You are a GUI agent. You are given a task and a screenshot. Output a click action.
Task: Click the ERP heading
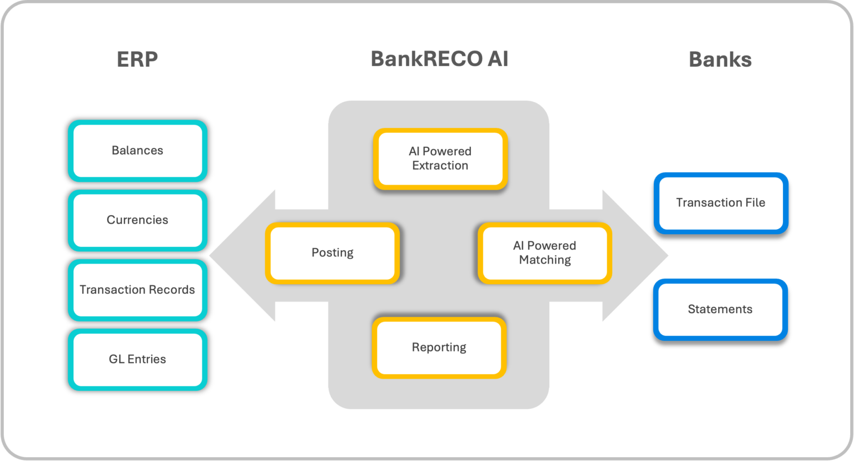tap(137, 59)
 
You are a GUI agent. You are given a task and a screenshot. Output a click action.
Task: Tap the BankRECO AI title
tap(439, 58)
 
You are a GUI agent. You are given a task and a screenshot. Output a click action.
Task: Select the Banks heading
tap(720, 59)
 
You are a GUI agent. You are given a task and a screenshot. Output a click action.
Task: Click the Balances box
tap(137, 151)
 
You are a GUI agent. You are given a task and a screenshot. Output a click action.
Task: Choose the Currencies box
tap(137, 220)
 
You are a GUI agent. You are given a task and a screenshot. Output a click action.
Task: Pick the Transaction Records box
tap(137, 290)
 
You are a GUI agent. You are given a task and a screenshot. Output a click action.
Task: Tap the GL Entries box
tap(137, 359)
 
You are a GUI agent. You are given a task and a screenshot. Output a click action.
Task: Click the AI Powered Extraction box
tap(440, 158)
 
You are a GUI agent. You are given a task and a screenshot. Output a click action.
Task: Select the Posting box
tap(332, 253)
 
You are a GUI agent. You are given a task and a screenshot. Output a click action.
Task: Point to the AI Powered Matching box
tap(544, 253)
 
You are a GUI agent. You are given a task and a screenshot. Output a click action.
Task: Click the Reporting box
tap(439, 348)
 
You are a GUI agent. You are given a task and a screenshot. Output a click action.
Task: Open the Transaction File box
tap(721, 203)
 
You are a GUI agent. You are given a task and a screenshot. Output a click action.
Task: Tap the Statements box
tap(720, 309)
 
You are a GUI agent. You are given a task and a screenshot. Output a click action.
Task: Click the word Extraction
tap(440, 166)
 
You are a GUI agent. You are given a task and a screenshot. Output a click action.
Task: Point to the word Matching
tap(545, 260)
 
